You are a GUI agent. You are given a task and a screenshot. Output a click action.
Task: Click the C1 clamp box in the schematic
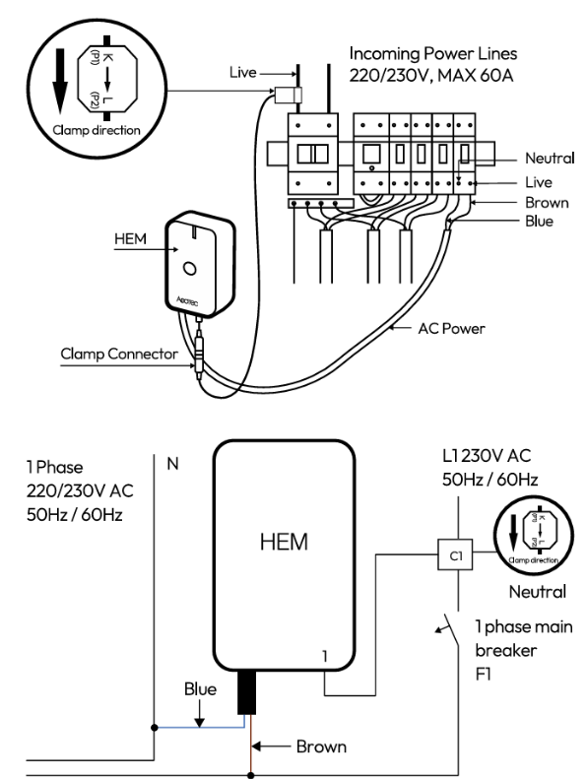(454, 554)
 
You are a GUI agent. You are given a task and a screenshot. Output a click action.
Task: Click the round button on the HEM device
(190, 269)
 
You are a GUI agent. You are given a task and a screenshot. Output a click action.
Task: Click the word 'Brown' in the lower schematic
(321, 747)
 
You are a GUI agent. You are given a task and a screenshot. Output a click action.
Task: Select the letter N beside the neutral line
(172, 463)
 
